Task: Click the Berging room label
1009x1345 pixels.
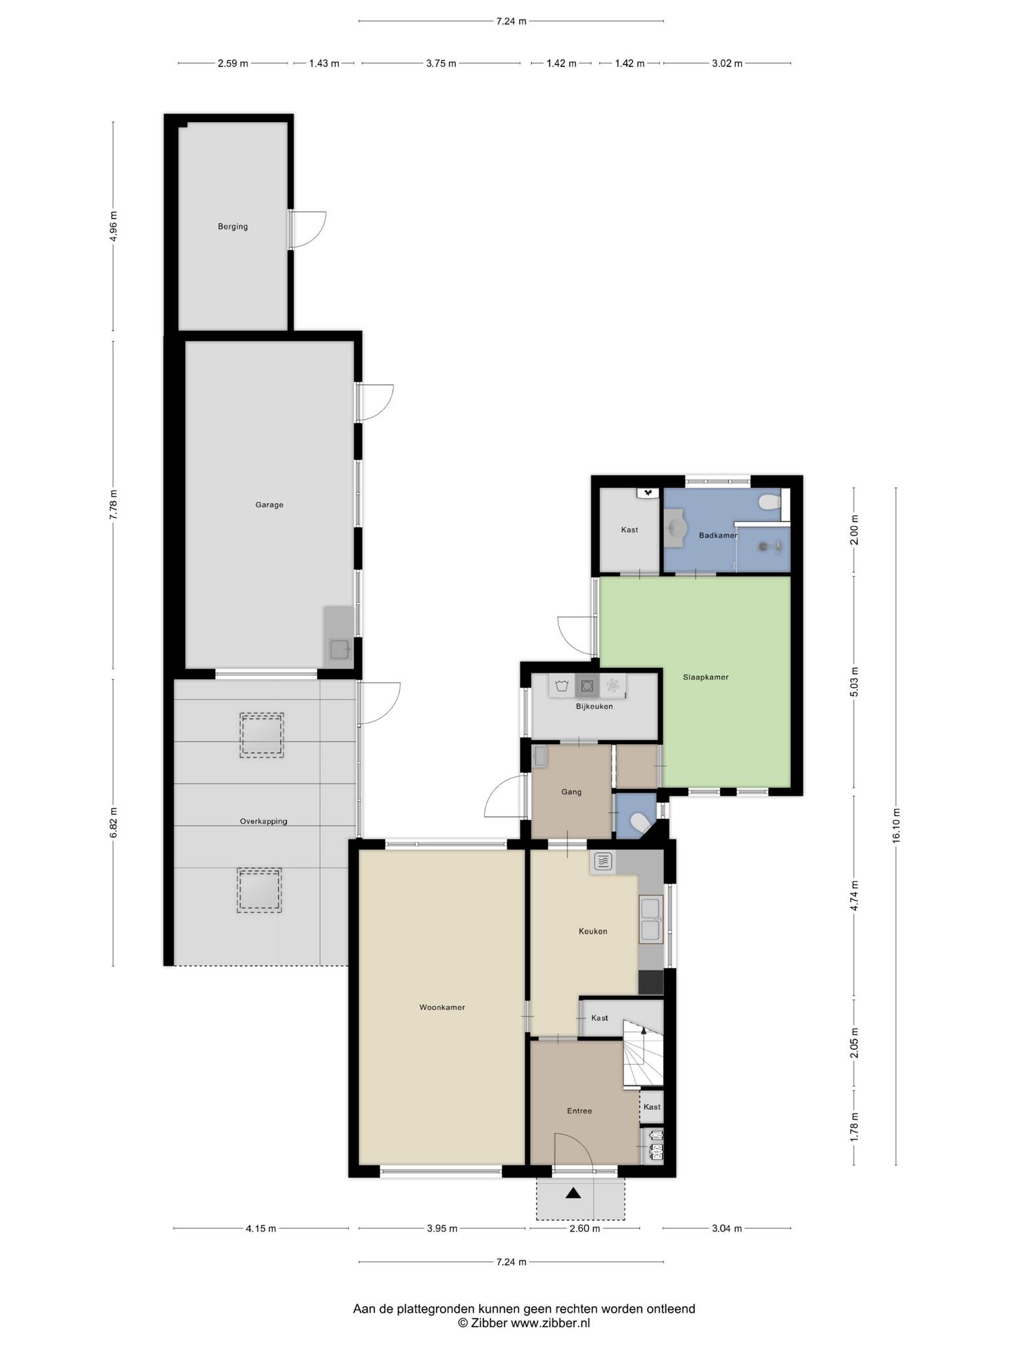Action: click(x=233, y=227)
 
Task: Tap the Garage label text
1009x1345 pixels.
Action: click(x=269, y=505)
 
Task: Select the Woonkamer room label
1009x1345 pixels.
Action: click(x=442, y=1007)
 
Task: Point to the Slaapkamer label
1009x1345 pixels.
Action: click(x=706, y=677)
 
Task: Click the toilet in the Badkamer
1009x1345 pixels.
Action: click(x=769, y=503)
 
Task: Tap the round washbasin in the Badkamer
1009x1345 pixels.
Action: click(x=677, y=527)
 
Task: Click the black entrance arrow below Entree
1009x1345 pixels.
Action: click(x=573, y=1193)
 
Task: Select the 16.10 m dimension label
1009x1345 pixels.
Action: click(x=896, y=826)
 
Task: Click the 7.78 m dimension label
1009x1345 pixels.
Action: click(x=113, y=505)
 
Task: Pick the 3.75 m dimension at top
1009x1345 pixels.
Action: click(x=441, y=64)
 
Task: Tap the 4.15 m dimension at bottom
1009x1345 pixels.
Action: click(x=261, y=1229)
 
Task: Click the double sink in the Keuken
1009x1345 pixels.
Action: click(x=650, y=919)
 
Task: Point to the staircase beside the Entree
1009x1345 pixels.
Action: click(x=643, y=1053)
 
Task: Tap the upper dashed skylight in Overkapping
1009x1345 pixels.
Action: click(x=261, y=736)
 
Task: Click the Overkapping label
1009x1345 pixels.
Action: click(x=263, y=821)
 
